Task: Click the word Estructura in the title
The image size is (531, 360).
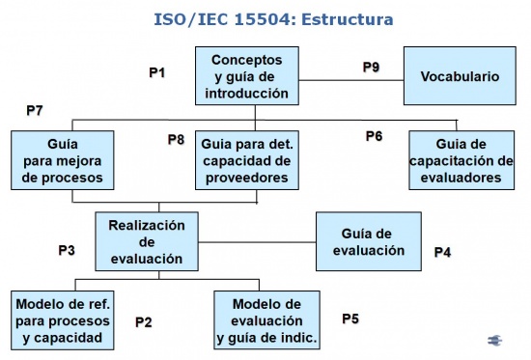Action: (348, 19)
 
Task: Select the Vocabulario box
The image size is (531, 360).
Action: (460, 76)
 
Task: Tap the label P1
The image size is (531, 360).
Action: (157, 72)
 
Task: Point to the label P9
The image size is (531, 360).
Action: (371, 67)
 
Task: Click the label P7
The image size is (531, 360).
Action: (35, 110)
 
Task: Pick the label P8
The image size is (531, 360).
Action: (176, 139)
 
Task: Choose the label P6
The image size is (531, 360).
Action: (375, 136)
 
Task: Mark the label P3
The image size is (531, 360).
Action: (67, 250)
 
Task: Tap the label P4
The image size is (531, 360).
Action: (442, 252)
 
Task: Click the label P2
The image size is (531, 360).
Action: (144, 322)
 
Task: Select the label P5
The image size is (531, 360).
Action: (350, 318)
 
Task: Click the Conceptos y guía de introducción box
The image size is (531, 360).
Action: (247, 76)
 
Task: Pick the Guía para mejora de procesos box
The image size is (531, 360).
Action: (63, 160)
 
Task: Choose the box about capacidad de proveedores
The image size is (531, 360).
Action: (247, 160)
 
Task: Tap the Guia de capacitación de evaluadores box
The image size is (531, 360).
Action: (461, 160)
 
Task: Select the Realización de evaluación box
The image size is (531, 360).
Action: (147, 241)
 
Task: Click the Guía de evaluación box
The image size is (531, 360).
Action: (369, 241)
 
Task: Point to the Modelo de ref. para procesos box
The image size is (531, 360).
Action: (63, 320)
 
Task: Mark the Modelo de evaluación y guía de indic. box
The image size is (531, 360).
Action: (266, 320)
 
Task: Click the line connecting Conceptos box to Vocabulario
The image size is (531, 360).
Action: (351, 81)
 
